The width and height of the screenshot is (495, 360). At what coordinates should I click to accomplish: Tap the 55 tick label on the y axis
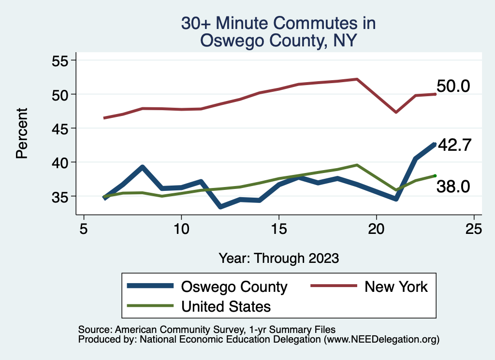[x=61, y=60]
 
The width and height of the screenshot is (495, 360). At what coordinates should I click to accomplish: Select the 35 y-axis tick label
[x=61, y=197]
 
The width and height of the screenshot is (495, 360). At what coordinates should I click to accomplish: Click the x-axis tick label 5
[x=84, y=229]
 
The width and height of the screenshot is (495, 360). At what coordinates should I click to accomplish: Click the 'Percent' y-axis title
[x=21, y=133]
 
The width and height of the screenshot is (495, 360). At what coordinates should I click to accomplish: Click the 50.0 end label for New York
[x=453, y=86]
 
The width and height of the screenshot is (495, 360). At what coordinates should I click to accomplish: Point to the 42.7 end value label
[x=454, y=145]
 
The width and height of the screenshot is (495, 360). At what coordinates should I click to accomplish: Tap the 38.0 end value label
[x=453, y=187]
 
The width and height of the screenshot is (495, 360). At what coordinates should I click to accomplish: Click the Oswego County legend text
[x=234, y=287]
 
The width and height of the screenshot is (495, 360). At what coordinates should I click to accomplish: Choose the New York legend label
[x=396, y=287]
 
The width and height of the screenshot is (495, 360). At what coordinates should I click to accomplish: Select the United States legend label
[x=226, y=306]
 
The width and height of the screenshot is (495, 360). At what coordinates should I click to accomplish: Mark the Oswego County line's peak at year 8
[x=142, y=167]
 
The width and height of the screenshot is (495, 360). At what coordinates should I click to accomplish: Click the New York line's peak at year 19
[x=357, y=79]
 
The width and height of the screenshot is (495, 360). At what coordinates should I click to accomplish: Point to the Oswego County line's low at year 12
[x=220, y=207]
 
